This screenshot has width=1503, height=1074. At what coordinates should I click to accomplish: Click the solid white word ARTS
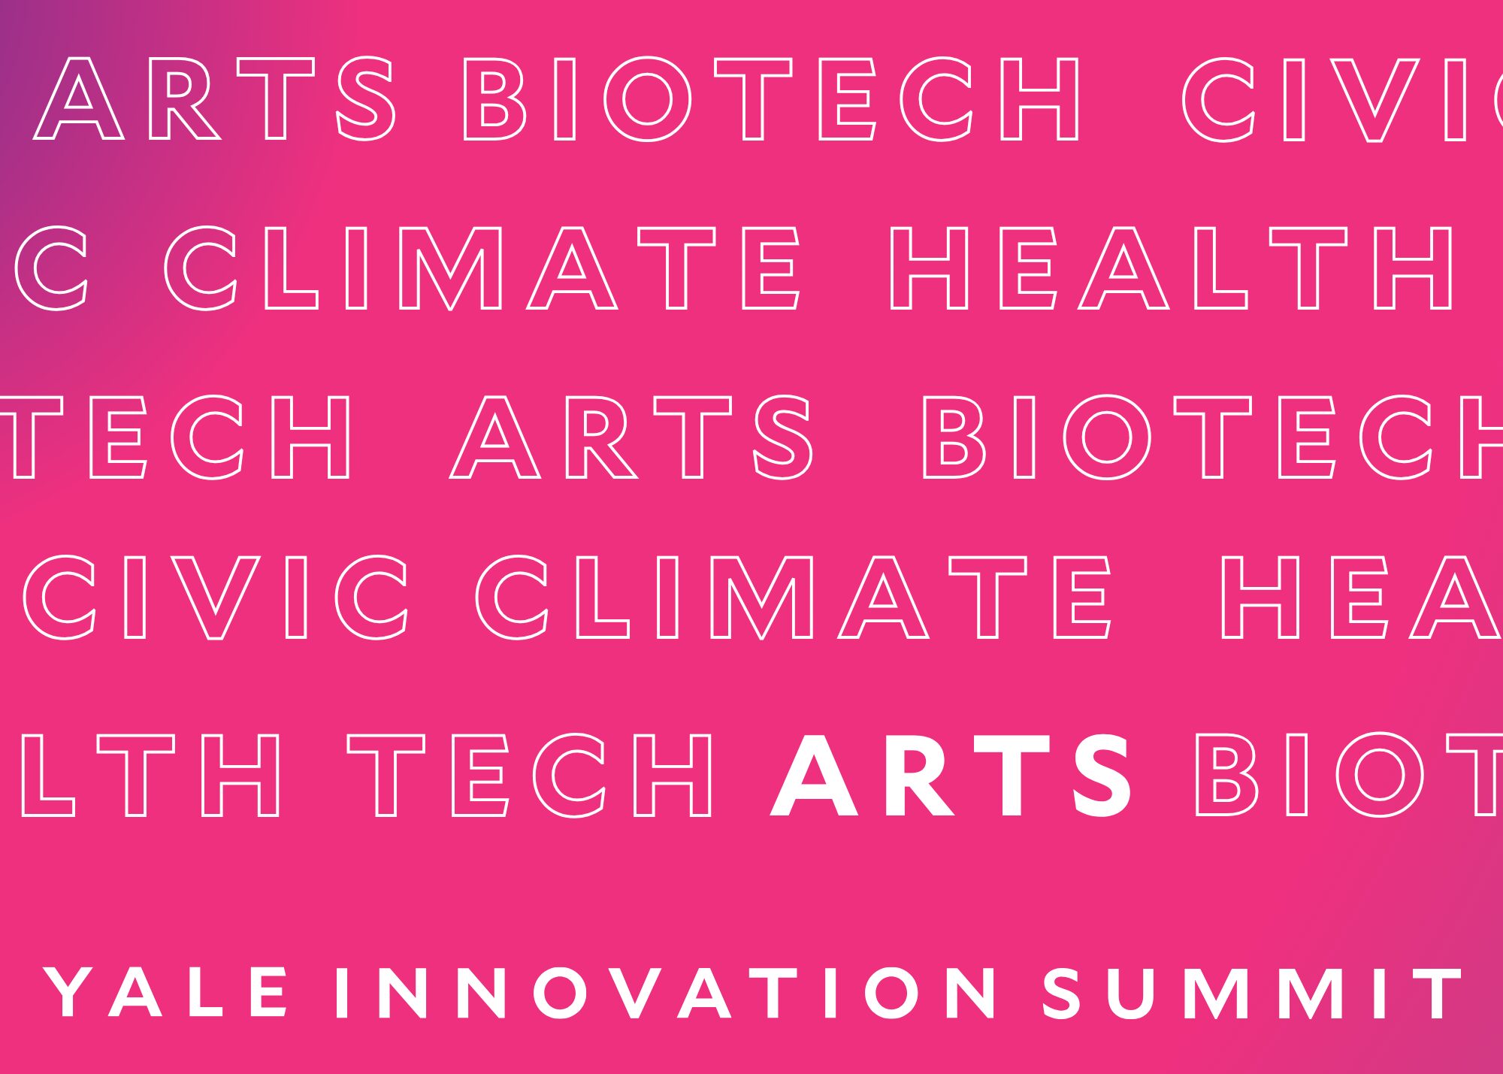[951, 776]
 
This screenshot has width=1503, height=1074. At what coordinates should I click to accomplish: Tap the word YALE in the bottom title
[166, 993]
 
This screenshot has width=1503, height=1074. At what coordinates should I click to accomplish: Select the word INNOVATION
[666, 993]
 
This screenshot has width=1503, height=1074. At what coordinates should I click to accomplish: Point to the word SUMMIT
[1253, 993]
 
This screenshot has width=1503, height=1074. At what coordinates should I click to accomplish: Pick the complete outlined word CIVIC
[216, 598]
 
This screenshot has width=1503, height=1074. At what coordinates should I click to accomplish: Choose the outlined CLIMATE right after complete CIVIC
[793, 598]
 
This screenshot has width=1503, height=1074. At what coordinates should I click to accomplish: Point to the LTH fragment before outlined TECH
[152, 776]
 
